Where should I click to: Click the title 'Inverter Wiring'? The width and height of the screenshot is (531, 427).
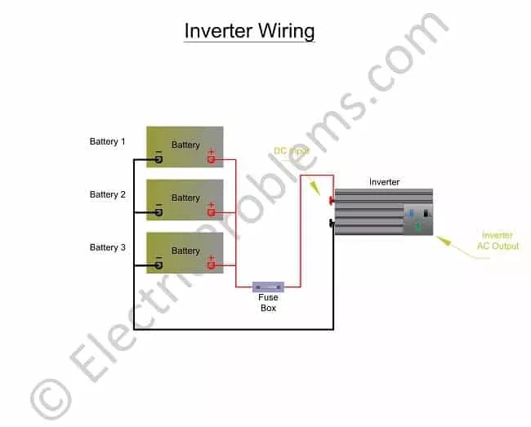[x=249, y=31]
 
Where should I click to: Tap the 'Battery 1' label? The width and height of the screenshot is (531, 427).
[x=108, y=142]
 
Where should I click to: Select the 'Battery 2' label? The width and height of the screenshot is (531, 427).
[x=108, y=195]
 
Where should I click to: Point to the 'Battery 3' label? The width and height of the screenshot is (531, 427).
[x=108, y=247]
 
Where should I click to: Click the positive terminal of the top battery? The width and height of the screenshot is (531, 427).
[x=211, y=159]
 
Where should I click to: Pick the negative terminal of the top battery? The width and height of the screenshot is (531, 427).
[x=158, y=159]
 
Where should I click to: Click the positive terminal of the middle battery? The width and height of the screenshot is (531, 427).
[x=211, y=212]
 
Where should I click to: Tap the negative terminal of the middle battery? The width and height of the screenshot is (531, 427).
[x=158, y=212]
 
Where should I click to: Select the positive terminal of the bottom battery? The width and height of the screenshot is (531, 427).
[x=211, y=265]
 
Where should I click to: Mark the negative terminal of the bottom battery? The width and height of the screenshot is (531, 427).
[x=158, y=265]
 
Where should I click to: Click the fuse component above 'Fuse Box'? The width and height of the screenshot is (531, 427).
[x=268, y=287]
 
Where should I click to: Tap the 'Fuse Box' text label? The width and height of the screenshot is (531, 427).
[x=268, y=303]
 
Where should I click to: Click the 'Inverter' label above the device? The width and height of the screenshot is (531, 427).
[x=384, y=182]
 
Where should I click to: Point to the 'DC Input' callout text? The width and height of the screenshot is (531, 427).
[x=291, y=151]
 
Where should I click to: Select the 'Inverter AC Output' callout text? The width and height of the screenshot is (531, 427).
[x=499, y=241]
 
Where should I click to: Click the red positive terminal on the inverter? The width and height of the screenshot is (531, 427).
[x=332, y=200]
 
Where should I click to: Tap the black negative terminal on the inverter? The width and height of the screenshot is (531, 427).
[x=332, y=222]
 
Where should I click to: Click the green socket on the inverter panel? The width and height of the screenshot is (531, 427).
[x=418, y=227]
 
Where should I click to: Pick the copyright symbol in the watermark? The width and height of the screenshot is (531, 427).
[x=48, y=400]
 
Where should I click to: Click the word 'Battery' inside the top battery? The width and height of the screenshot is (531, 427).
[x=185, y=145]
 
